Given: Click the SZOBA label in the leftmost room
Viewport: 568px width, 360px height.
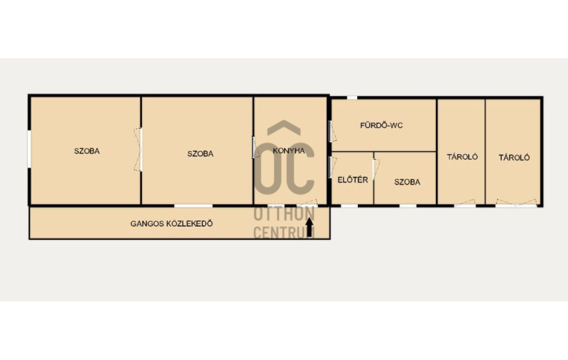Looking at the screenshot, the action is [87, 151].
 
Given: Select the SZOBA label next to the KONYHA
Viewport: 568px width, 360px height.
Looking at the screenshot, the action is [200, 153].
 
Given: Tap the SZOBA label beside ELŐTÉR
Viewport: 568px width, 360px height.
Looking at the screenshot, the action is [407, 182].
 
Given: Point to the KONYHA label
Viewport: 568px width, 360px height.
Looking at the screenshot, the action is [289, 151].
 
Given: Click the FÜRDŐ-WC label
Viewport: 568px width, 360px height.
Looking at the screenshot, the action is [381, 125].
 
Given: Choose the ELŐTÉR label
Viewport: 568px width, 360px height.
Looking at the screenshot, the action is [353, 180].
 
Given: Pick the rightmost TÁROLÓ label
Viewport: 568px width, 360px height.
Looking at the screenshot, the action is [514, 158].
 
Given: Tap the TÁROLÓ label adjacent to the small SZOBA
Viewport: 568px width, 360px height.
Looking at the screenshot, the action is [462, 157].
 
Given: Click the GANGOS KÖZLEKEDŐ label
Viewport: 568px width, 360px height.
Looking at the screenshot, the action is [171, 224].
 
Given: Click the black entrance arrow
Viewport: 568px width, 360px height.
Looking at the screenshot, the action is [310, 227].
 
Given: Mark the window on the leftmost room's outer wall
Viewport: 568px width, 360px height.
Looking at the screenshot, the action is [29, 149].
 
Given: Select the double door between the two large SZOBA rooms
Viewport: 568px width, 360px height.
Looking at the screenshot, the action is [138, 149].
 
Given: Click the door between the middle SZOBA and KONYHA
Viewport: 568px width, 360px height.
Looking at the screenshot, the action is [255, 148].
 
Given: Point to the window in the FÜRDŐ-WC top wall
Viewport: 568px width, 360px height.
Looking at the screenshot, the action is [351, 97].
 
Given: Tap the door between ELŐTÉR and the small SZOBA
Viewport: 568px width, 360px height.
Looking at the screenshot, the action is [376, 169].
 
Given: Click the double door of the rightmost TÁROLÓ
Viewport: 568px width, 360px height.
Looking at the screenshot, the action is [516, 203].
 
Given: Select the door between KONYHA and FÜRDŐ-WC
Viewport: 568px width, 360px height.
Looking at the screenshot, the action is [332, 131].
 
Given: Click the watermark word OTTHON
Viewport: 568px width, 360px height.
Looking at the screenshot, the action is [284, 214].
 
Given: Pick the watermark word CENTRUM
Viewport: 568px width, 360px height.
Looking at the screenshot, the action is [284, 232].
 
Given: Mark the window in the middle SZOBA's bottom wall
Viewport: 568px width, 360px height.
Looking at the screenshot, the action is [193, 206].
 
